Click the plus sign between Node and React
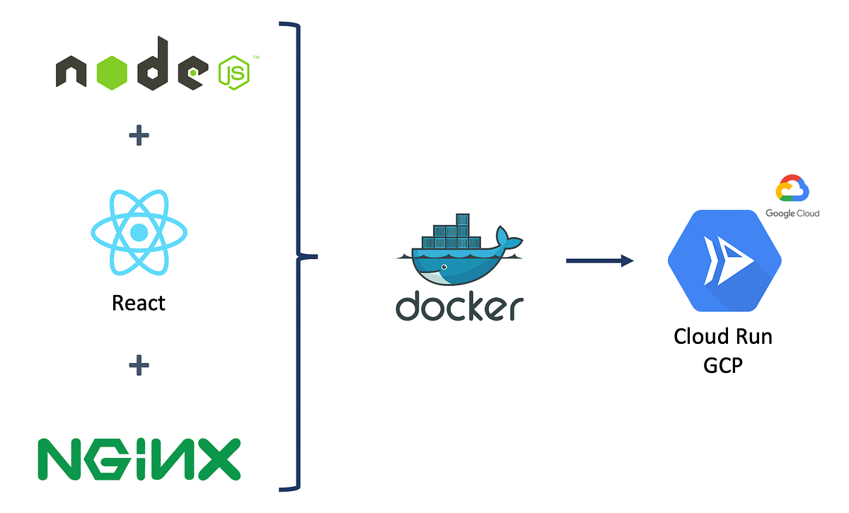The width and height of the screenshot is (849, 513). coord(139,135)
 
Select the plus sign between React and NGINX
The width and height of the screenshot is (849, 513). coord(139,366)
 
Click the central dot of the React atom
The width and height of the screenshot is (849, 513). coord(139,232)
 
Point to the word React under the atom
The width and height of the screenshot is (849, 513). coord(139,304)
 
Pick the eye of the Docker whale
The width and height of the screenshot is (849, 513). coord(443,268)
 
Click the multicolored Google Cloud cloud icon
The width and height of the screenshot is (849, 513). coord(792,190)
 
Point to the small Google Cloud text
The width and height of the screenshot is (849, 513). coord(792,213)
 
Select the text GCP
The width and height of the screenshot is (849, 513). coord(722,366)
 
